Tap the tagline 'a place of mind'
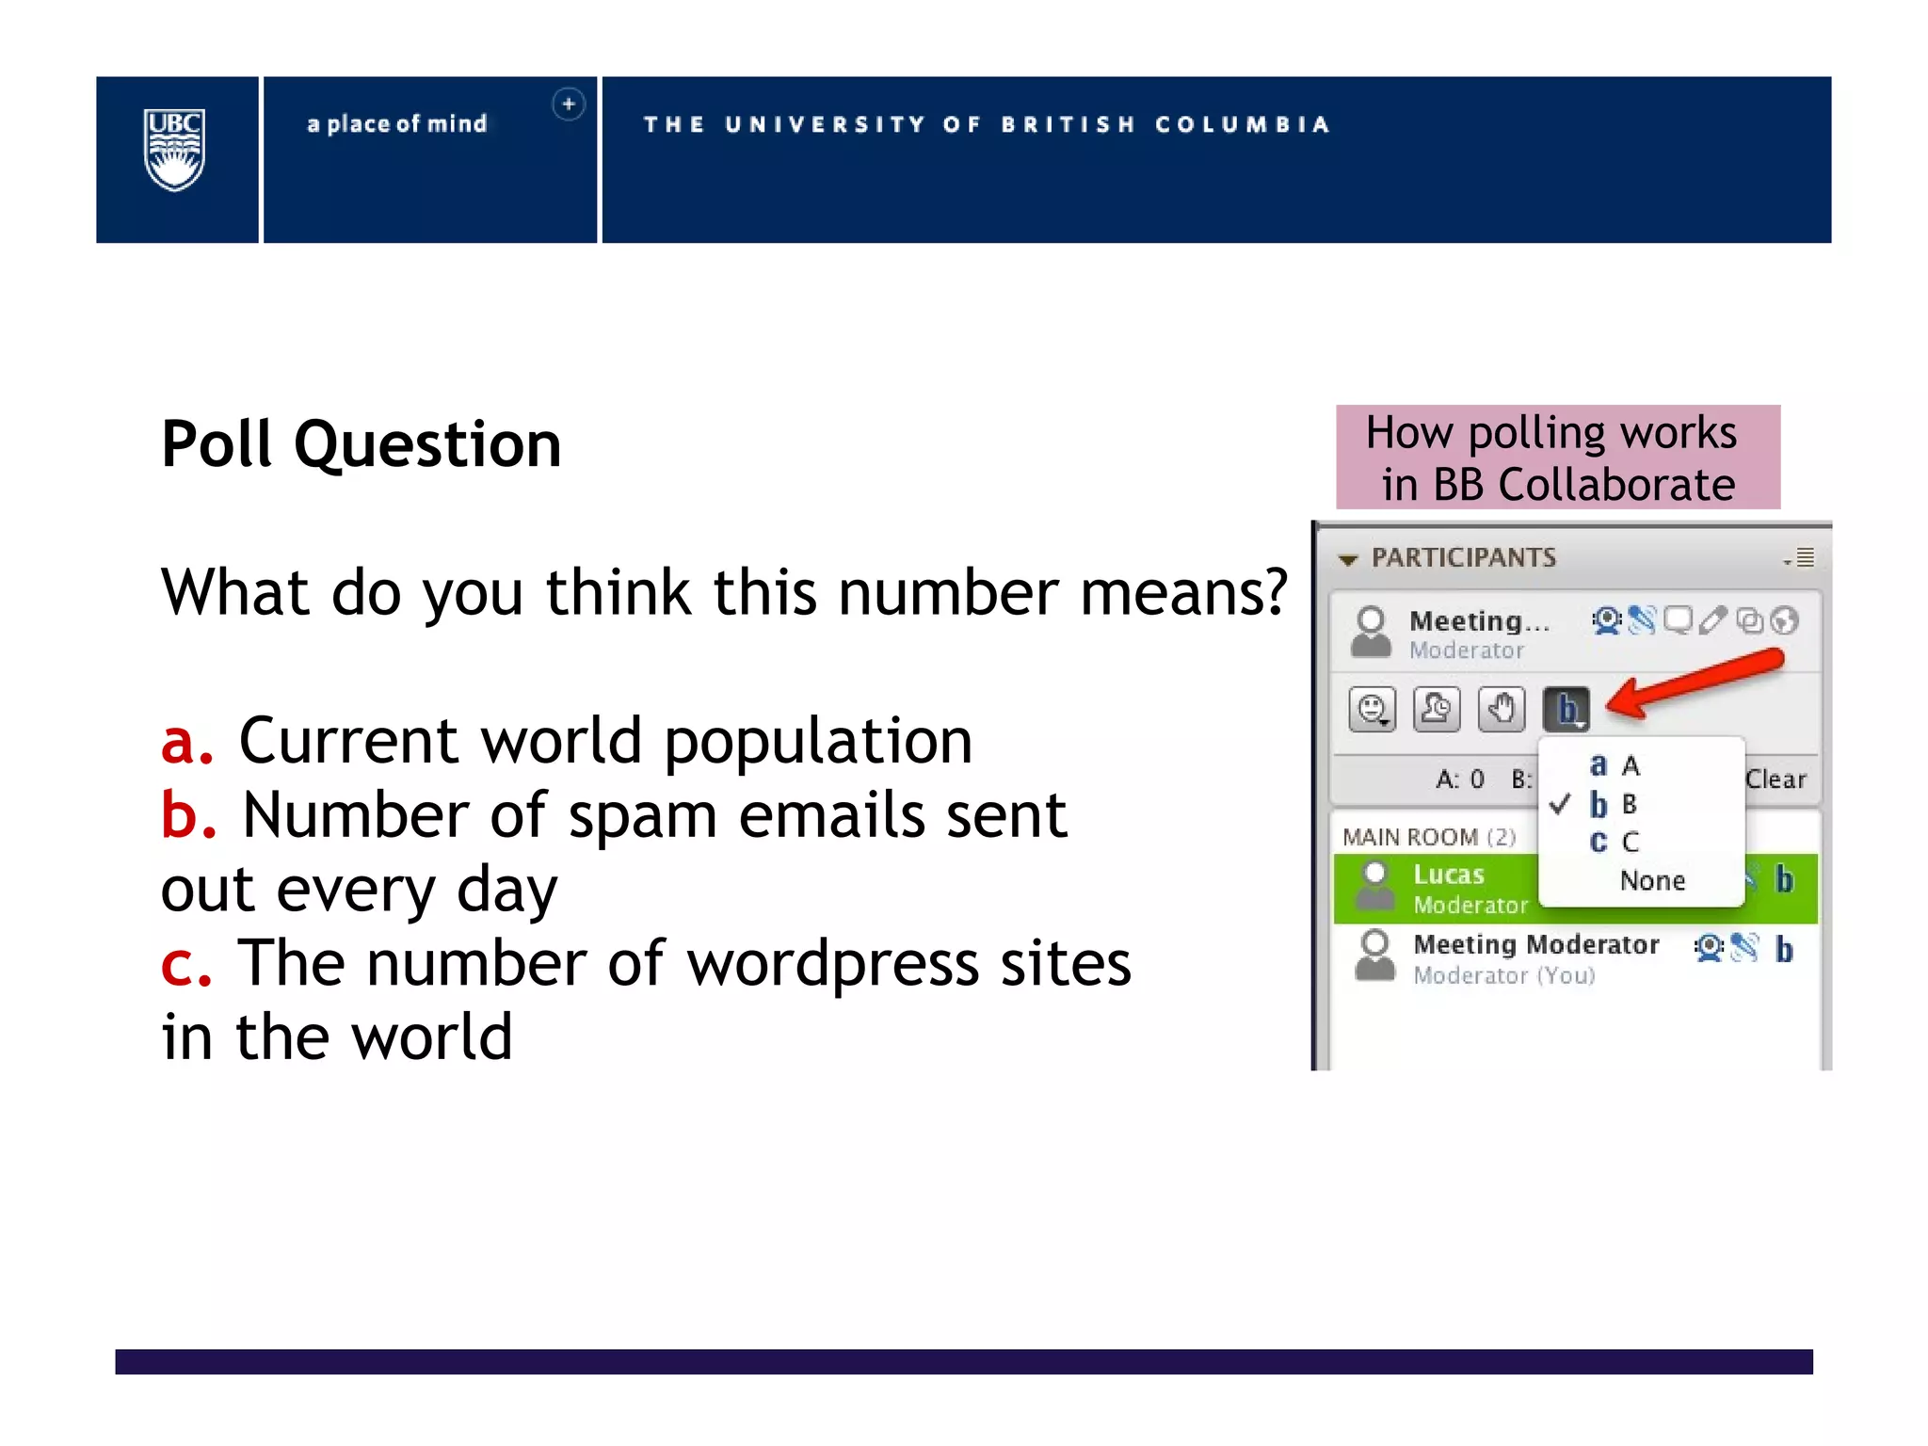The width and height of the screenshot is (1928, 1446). click(397, 124)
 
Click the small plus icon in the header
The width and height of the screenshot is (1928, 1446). click(569, 104)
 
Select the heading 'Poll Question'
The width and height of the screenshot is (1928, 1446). click(361, 443)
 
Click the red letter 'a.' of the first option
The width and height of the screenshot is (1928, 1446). click(186, 741)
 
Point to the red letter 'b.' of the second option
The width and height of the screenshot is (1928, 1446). click(188, 814)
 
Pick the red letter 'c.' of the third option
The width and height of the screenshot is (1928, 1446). click(185, 963)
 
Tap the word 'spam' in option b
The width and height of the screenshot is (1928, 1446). click(643, 815)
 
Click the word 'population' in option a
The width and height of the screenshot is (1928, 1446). click(818, 741)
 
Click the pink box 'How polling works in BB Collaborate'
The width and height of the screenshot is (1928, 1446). click(1558, 458)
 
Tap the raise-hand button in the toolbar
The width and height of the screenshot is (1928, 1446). click(1501, 709)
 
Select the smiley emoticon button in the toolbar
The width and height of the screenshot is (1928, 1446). click(1373, 709)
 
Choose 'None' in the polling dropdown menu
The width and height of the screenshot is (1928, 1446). click(1652, 880)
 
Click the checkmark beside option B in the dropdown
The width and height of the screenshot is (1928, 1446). click(1560, 804)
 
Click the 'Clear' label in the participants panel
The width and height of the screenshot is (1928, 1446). click(1775, 779)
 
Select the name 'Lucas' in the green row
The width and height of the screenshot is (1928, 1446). click(1449, 875)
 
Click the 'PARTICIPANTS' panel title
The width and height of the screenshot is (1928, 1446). click(1464, 557)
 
